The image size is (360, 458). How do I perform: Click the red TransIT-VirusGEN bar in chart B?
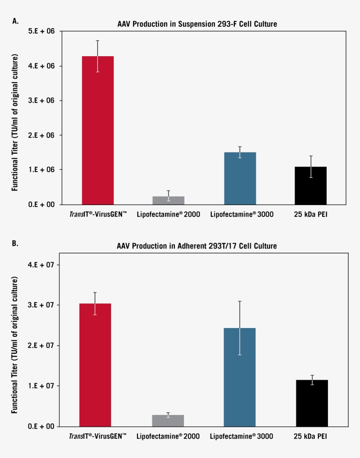tap(95, 364)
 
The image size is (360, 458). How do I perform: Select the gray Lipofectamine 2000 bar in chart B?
tap(168, 420)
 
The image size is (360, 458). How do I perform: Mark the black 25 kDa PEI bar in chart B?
tap(312, 403)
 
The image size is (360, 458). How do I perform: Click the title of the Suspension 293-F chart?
tap(198, 24)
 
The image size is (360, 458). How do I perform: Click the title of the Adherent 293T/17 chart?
tap(197, 246)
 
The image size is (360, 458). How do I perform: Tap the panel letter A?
tap(16, 21)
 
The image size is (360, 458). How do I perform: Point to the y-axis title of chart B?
tap(15, 345)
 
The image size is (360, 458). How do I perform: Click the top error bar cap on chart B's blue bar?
tap(240, 301)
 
